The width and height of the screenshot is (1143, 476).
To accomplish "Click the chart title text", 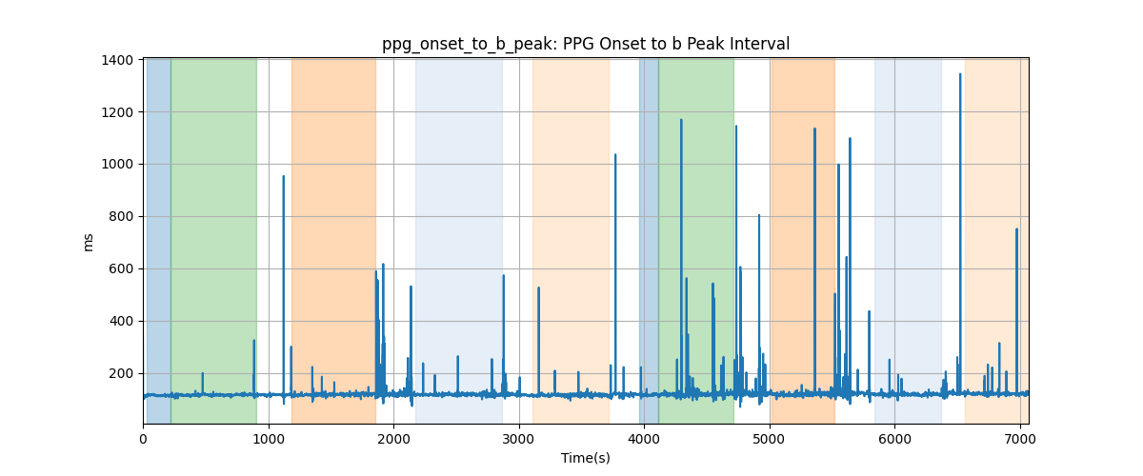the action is coord(586,44).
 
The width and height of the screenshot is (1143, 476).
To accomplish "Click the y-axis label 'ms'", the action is coord(88,243).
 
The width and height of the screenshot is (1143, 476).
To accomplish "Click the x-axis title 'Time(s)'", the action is coord(586,458).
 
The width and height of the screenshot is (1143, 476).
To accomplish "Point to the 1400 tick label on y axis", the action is coord(117,60).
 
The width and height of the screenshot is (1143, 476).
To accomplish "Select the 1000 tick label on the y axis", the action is coord(117,165).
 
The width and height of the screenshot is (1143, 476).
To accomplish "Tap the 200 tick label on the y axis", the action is coord(121,373).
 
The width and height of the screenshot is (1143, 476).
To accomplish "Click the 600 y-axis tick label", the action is coord(121,268).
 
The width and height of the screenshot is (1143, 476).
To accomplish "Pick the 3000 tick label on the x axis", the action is coord(519,439).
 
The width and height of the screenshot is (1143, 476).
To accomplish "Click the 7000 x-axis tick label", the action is coord(1020,439).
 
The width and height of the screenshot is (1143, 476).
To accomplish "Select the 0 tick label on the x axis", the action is coord(144,439).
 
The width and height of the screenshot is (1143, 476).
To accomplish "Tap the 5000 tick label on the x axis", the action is coord(770,439).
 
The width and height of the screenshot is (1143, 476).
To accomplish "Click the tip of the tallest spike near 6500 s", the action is coord(960,74).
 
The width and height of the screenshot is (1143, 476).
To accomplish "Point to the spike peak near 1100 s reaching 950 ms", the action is coord(283,176).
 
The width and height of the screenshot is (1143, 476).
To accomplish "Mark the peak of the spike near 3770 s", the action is coord(615,154).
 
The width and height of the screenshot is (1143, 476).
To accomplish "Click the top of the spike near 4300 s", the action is coord(681,120).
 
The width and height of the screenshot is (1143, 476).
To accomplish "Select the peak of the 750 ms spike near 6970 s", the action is coord(1016,229).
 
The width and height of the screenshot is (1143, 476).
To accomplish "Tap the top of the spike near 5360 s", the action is coord(814,129).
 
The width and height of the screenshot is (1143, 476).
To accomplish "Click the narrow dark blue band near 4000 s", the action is coord(649,241).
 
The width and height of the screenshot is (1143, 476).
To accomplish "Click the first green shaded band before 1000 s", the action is coord(213,241).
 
